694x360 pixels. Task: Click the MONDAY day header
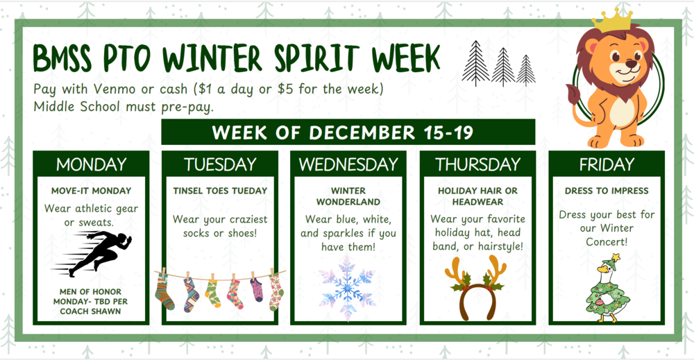click(x=91, y=164)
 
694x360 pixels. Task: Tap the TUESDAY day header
click(x=220, y=164)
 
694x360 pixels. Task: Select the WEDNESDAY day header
click(x=348, y=164)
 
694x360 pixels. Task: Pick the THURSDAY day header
click(x=477, y=164)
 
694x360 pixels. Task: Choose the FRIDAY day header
click(x=607, y=164)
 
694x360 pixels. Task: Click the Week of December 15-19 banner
click(x=348, y=132)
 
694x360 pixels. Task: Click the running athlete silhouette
click(x=97, y=254)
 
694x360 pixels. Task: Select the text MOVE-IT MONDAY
click(x=91, y=190)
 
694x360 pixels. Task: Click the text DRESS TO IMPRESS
click(x=607, y=190)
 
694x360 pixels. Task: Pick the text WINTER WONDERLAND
click(x=348, y=196)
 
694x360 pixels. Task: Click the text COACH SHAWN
click(x=91, y=311)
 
